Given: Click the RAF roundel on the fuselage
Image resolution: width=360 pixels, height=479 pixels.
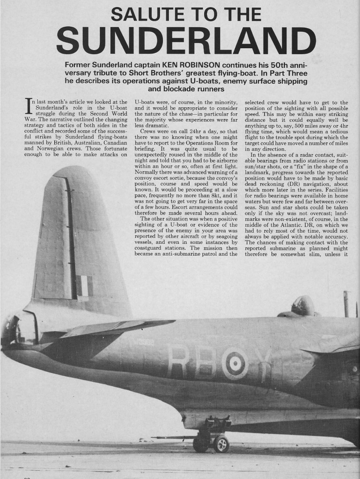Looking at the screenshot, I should (x=234, y=362).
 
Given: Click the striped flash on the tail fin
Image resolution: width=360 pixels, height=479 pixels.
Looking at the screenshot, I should (x=84, y=286).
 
